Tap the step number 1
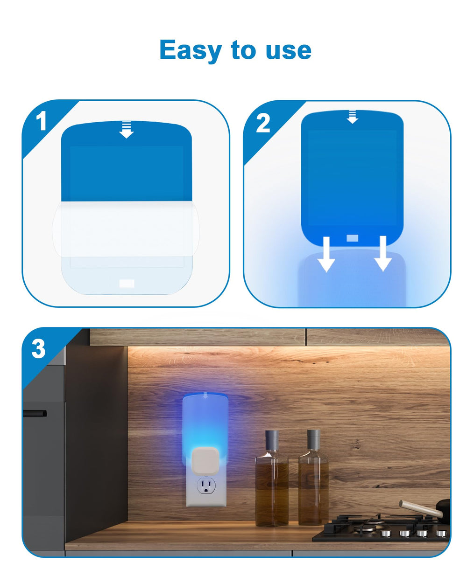point(42,121)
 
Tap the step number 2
point(262,123)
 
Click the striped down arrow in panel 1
point(126,130)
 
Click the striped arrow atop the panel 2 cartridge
point(352,117)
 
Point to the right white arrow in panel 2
point(382,254)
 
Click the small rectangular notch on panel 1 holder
point(127,284)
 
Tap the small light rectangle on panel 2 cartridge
point(352,238)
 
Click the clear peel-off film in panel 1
point(126,229)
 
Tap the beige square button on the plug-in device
point(205,460)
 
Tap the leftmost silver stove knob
point(386,534)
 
